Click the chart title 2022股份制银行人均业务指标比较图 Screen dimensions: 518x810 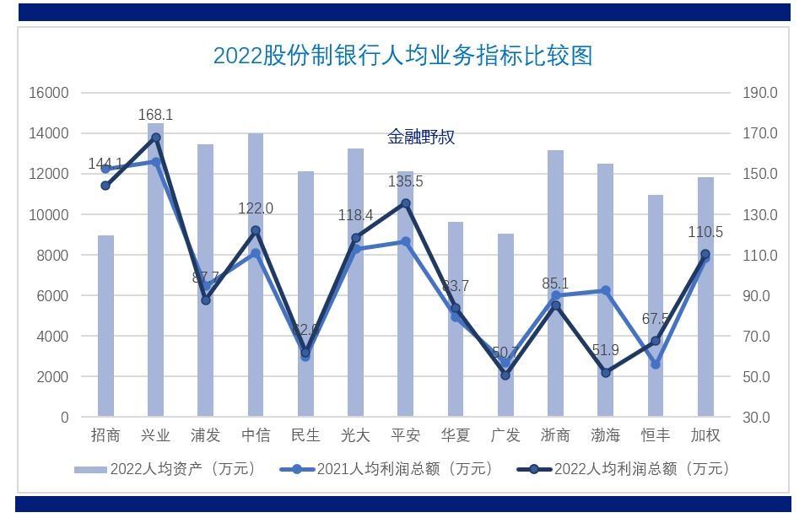click(402, 56)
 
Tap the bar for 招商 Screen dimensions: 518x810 click(105, 329)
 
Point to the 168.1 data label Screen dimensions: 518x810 click(155, 115)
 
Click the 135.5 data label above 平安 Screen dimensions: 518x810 click(405, 181)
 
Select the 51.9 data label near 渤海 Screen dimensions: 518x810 click(605, 350)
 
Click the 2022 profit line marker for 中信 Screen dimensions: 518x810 click(256, 230)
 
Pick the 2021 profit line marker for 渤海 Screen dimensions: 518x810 click(606, 290)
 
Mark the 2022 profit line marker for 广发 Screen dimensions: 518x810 click(505, 375)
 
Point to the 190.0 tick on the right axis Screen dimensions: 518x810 click(759, 93)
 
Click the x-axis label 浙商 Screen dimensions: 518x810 click(555, 435)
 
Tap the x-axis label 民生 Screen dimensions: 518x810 click(305, 435)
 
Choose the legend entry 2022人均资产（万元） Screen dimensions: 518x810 click(165, 469)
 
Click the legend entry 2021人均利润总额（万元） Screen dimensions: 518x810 click(388, 469)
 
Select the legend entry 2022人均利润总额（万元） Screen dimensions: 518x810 click(624, 469)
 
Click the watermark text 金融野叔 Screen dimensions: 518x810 click(421, 137)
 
